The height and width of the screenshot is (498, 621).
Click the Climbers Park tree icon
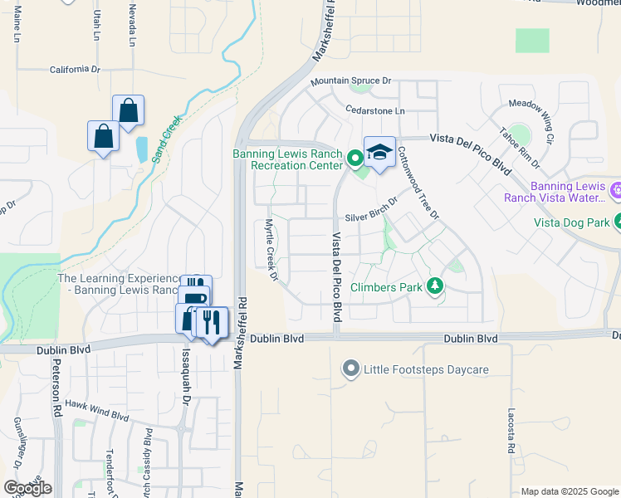coord(434,287)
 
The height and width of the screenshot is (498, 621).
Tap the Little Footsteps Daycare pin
coord(351,368)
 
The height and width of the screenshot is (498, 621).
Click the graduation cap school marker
coord(379,152)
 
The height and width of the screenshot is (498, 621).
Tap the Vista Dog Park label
coord(571,222)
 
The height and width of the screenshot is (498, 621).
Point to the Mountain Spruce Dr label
coord(350,81)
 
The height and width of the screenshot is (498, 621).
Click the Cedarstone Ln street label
coord(375,110)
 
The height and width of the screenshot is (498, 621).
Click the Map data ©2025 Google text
coord(569,491)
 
